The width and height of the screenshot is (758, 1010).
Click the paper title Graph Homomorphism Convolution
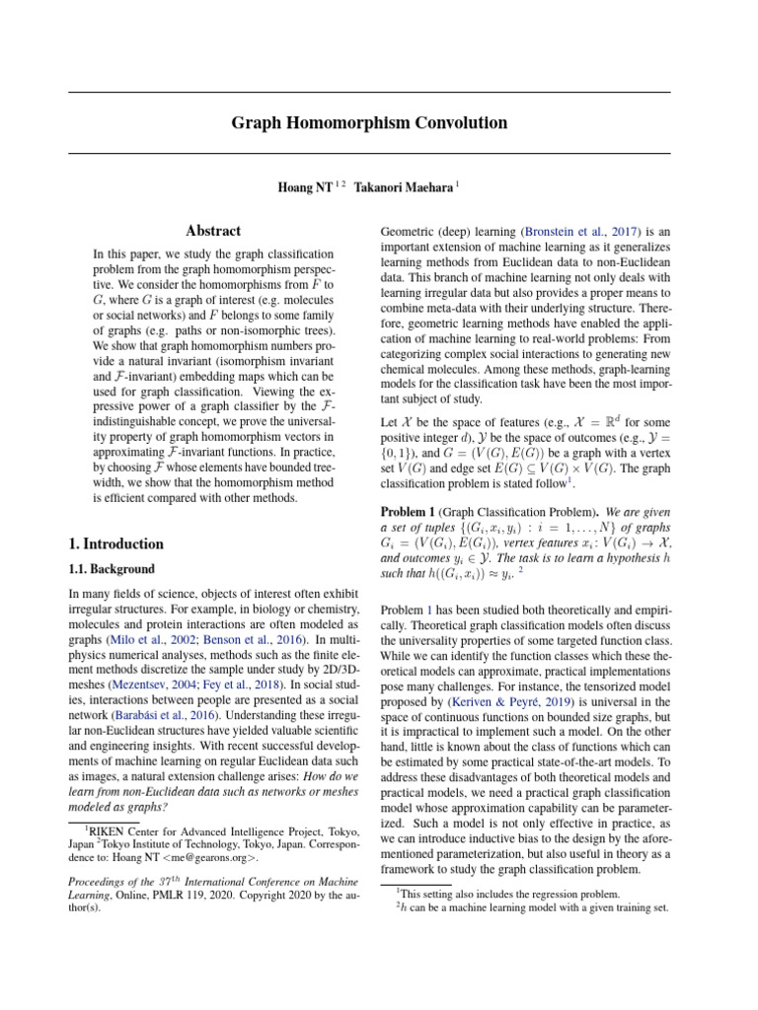click(369, 123)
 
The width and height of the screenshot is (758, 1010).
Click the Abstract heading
click(214, 231)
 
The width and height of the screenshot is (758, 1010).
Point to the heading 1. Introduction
click(116, 543)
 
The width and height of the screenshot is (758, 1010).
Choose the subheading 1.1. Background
click(112, 569)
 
